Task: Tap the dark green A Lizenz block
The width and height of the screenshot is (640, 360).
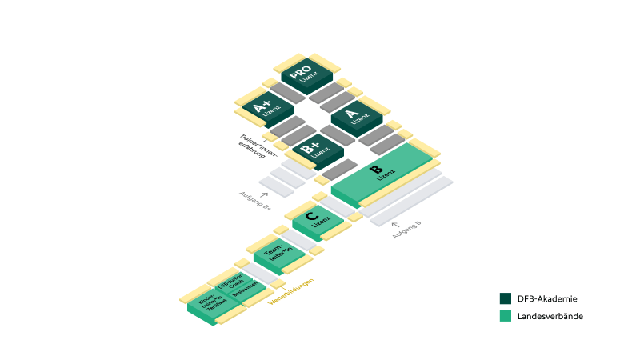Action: coord(354,117)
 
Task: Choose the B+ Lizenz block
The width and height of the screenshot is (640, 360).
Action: coord(313,149)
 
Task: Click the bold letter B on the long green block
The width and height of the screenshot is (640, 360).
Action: coord(375,169)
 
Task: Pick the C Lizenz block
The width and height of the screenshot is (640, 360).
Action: coord(314,218)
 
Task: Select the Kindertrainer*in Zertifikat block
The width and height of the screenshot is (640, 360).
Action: coord(209,303)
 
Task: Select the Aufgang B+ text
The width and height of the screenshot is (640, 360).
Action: coord(254,202)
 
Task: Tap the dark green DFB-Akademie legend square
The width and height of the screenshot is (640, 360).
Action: coord(506,298)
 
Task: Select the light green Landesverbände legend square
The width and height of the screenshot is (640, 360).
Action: coord(506,316)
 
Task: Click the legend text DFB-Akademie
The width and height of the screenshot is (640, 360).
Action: coord(548,298)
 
